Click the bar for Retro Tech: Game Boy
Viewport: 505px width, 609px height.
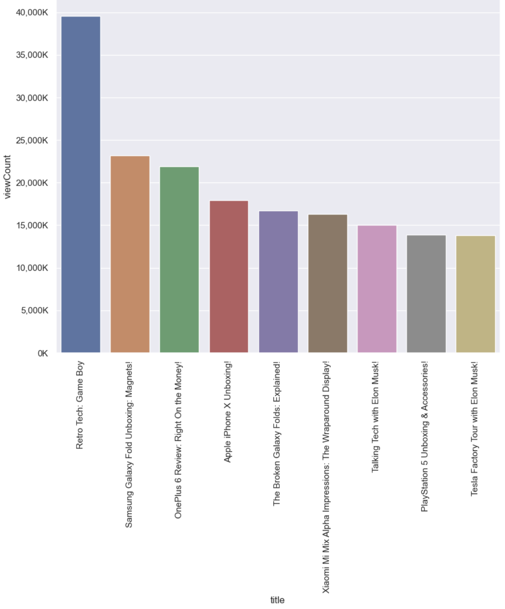(81, 185)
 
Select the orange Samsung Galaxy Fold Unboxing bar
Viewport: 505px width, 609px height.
(130, 254)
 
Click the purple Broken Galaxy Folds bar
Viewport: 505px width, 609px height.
(278, 282)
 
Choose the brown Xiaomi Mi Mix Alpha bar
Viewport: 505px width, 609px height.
(327, 284)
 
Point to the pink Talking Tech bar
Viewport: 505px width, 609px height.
(377, 289)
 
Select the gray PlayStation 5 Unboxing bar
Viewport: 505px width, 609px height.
(426, 294)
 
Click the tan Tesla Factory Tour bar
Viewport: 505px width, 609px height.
(475, 294)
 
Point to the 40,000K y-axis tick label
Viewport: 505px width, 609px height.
(32, 13)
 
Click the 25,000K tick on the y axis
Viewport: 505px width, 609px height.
(32, 140)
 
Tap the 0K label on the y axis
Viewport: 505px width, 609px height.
(43, 353)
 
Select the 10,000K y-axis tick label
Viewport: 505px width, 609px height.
(32, 268)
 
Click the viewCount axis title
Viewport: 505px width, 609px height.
(7, 177)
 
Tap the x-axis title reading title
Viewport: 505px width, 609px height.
(277, 600)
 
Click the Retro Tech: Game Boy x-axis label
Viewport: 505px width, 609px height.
(80, 405)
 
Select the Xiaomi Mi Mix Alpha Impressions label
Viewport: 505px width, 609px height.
(326, 477)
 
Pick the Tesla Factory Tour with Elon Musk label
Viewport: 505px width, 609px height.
(474, 428)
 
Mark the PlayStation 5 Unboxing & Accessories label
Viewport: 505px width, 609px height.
(425, 436)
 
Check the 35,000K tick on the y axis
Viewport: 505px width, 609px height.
(32, 55)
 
